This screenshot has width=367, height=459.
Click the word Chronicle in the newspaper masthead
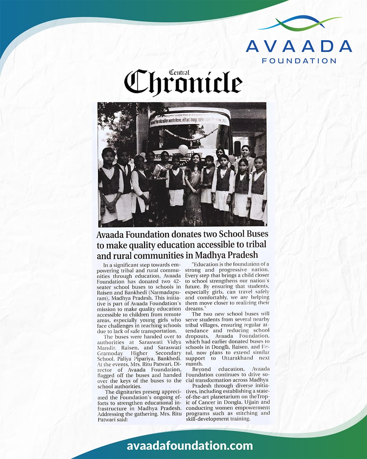pos(183,83)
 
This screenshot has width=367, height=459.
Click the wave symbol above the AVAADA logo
pos(299,23)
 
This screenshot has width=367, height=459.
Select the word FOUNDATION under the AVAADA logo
pos(299,61)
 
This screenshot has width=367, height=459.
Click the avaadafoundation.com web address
pos(190,446)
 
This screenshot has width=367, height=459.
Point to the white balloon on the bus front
pos(183,148)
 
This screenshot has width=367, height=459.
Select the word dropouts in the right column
pos(196,336)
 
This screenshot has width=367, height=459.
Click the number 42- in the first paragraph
pos(175,281)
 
